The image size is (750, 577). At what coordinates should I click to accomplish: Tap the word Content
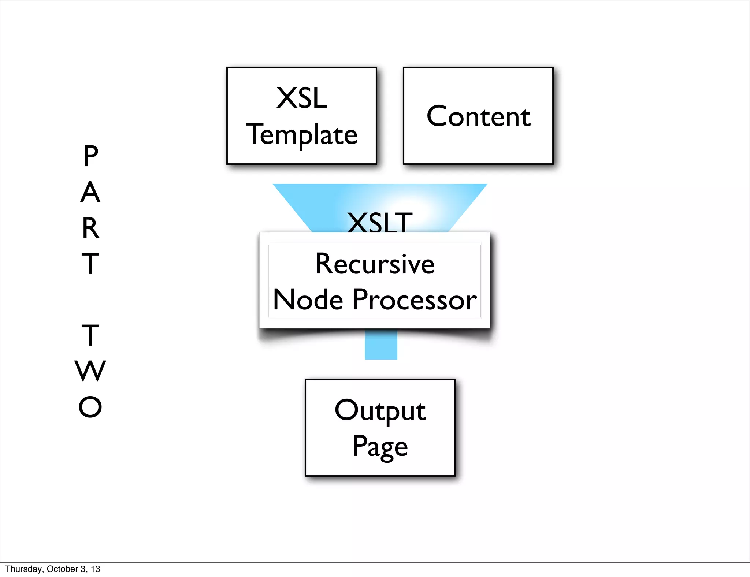click(x=478, y=116)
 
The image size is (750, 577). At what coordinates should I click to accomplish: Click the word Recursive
click(x=375, y=264)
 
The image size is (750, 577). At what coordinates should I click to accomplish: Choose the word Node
click(x=308, y=300)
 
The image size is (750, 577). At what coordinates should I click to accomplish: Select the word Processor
click(x=415, y=300)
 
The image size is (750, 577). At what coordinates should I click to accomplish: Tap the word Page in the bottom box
click(x=380, y=446)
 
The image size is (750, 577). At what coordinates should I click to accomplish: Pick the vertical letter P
click(x=90, y=156)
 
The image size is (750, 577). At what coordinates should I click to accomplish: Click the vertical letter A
click(x=90, y=192)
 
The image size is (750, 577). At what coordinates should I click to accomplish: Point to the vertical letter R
click(x=90, y=228)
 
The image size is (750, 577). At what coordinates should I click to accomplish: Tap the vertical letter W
click(x=90, y=371)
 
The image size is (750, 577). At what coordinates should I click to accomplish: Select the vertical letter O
click(x=90, y=407)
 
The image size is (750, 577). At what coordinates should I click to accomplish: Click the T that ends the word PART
click(x=90, y=264)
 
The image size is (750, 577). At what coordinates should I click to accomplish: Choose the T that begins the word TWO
click(x=90, y=335)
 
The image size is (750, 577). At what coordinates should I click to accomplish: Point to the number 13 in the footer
click(x=96, y=569)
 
